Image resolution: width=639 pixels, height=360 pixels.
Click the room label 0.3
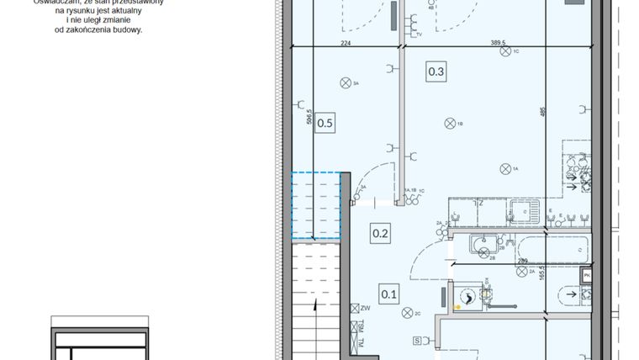coord(436,72)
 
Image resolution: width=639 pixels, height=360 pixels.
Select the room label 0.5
coord(325,124)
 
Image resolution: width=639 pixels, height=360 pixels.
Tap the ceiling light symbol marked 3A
coord(345,82)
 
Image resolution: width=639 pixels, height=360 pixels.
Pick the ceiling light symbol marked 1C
coord(504,52)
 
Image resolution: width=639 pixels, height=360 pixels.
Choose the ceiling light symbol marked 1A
coord(504,169)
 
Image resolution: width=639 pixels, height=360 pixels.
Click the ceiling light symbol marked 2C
coord(406,313)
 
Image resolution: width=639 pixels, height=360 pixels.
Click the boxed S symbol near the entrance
coord(417,341)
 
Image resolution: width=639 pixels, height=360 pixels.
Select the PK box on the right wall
coord(587,275)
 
